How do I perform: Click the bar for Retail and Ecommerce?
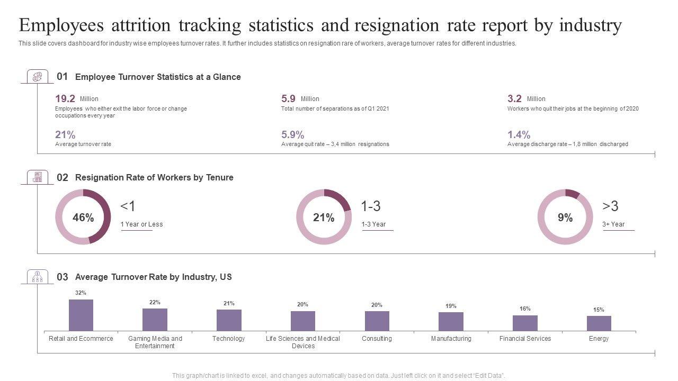pos(81,315)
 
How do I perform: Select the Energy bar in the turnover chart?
pos(599,323)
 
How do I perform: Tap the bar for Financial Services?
pos(525,323)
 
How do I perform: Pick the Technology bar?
pos(229,320)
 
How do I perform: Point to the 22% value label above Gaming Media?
pos(155,302)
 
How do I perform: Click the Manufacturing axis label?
pos(451,339)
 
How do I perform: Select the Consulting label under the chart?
pos(377,339)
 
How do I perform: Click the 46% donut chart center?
pos(83,217)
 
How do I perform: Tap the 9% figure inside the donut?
pos(565,217)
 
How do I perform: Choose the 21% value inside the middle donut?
pos(324,217)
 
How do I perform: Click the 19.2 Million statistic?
pos(65,98)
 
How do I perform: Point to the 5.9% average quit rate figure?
pos(292,134)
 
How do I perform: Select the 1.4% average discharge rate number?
pos(519,134)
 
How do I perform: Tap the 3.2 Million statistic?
pos(515,98)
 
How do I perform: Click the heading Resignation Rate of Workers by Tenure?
pos(154,177)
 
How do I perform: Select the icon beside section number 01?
pos(37,77)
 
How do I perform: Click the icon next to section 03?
pos(37,277)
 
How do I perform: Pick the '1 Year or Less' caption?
pos(141,224)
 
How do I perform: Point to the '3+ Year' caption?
pos(613,224)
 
